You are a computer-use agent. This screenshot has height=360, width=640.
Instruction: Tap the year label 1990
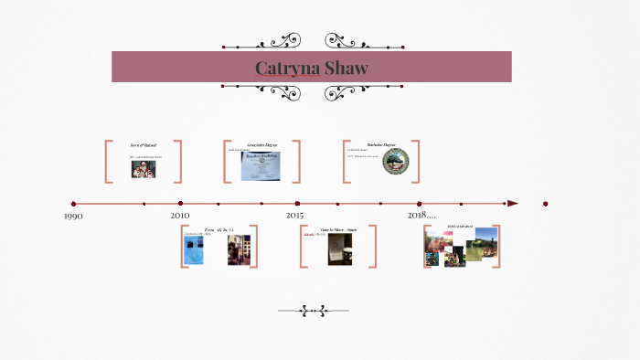coord(74,216)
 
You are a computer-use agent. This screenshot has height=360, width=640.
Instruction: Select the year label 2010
coord(180,215)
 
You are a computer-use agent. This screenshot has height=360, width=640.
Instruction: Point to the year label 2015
coord(294,215)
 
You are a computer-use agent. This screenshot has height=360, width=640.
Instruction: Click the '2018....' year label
coord(421,215)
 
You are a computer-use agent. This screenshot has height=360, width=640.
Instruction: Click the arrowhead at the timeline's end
coord(513,203)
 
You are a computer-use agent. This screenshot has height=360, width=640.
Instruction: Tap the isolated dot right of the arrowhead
coord(546,204)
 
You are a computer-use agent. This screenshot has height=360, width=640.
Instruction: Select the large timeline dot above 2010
coord(180,204)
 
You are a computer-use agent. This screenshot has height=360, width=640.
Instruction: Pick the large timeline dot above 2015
coord(297,204)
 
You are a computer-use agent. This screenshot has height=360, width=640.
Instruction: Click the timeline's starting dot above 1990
coord(74,204)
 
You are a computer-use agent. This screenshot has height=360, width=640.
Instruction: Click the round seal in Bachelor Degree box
coord(395,163)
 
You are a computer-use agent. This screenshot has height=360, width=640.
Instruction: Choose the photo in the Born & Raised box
coord(143,168)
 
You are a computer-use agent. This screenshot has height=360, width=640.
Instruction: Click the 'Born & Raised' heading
coord(144,145)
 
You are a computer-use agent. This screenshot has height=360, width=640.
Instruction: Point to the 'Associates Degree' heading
coord(262,145)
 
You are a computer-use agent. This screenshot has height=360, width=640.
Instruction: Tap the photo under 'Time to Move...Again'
coord(339,249)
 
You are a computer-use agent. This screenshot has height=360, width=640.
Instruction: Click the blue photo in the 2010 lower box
coord(193,250)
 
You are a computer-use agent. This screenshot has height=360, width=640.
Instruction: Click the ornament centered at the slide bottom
coord(315,311)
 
